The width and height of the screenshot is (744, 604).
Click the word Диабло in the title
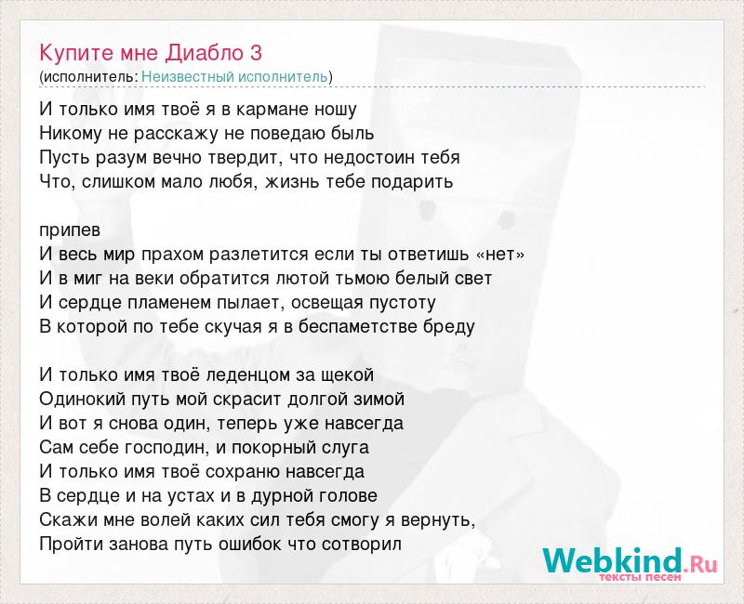coord(204,53)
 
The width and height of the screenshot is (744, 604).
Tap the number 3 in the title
coord(256,53)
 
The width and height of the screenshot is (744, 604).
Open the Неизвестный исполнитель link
coord(234,77)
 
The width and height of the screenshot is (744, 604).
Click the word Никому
coord(71,134)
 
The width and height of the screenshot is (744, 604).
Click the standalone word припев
coord(70,230)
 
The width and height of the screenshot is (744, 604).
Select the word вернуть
coord(438,520)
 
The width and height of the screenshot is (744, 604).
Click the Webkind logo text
coord(630,560)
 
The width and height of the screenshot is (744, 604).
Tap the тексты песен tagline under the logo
coord(640,577)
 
